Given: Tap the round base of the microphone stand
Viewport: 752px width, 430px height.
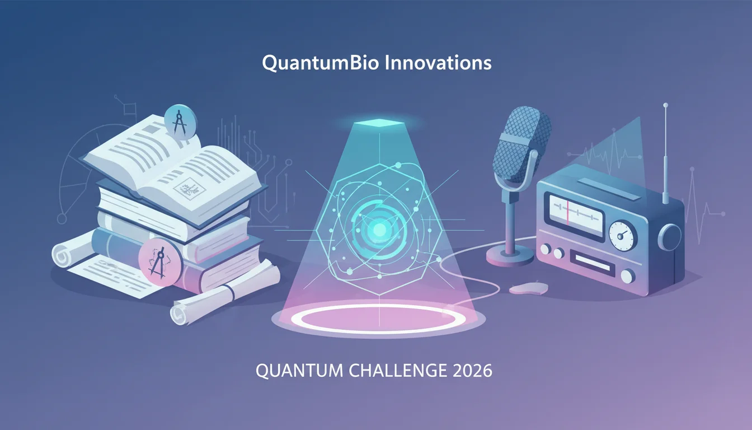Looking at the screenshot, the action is click(x=510, y=255).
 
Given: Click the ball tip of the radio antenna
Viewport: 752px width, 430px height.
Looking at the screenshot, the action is click(x=665, y=105).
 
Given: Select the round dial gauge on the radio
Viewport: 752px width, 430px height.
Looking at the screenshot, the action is click(x=623, y=236).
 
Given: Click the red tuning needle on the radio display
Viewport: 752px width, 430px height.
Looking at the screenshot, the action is click(x=567, y=212).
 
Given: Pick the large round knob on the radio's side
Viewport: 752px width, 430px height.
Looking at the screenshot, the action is click(x=670, y=237).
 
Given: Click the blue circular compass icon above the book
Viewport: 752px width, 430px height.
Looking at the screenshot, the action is click(x=181, y=122).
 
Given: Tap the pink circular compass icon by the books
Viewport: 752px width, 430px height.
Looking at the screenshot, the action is click(x=161, y=262).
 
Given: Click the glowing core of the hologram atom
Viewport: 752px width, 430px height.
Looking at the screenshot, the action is click(x=380, y=230).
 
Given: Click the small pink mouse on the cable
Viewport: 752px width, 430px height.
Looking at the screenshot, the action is click(x=528, y=288).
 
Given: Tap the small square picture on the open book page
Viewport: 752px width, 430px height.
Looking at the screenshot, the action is click(x=189, y=189).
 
